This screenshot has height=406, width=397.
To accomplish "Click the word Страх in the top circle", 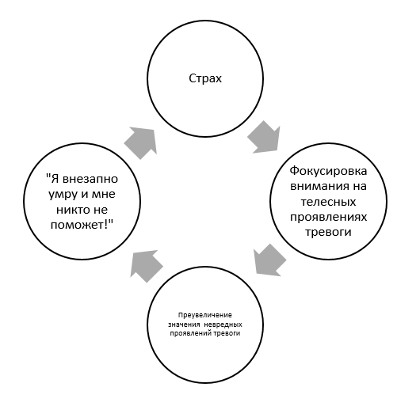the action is (205, 78).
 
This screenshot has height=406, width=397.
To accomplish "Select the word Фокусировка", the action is (328, 171).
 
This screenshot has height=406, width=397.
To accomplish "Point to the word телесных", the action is (328, 202).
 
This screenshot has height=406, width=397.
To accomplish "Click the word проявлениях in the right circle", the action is (328, 217).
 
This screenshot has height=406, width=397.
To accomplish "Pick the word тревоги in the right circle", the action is (328, 233).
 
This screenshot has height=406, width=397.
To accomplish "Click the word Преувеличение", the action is (205, 315).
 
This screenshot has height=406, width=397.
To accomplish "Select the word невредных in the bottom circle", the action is (223, 324).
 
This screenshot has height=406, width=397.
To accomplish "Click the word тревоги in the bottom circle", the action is (227, 333).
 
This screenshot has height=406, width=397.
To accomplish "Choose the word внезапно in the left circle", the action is (90, 179).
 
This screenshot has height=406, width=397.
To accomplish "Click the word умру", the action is (63, 195).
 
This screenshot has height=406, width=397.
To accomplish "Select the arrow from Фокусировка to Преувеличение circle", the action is (269, 260).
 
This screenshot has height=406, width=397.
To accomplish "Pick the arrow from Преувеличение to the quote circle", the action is (146, 266).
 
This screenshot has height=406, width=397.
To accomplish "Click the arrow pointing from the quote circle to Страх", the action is (141, 142).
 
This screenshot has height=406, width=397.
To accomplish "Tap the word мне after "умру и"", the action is (103, 195).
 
